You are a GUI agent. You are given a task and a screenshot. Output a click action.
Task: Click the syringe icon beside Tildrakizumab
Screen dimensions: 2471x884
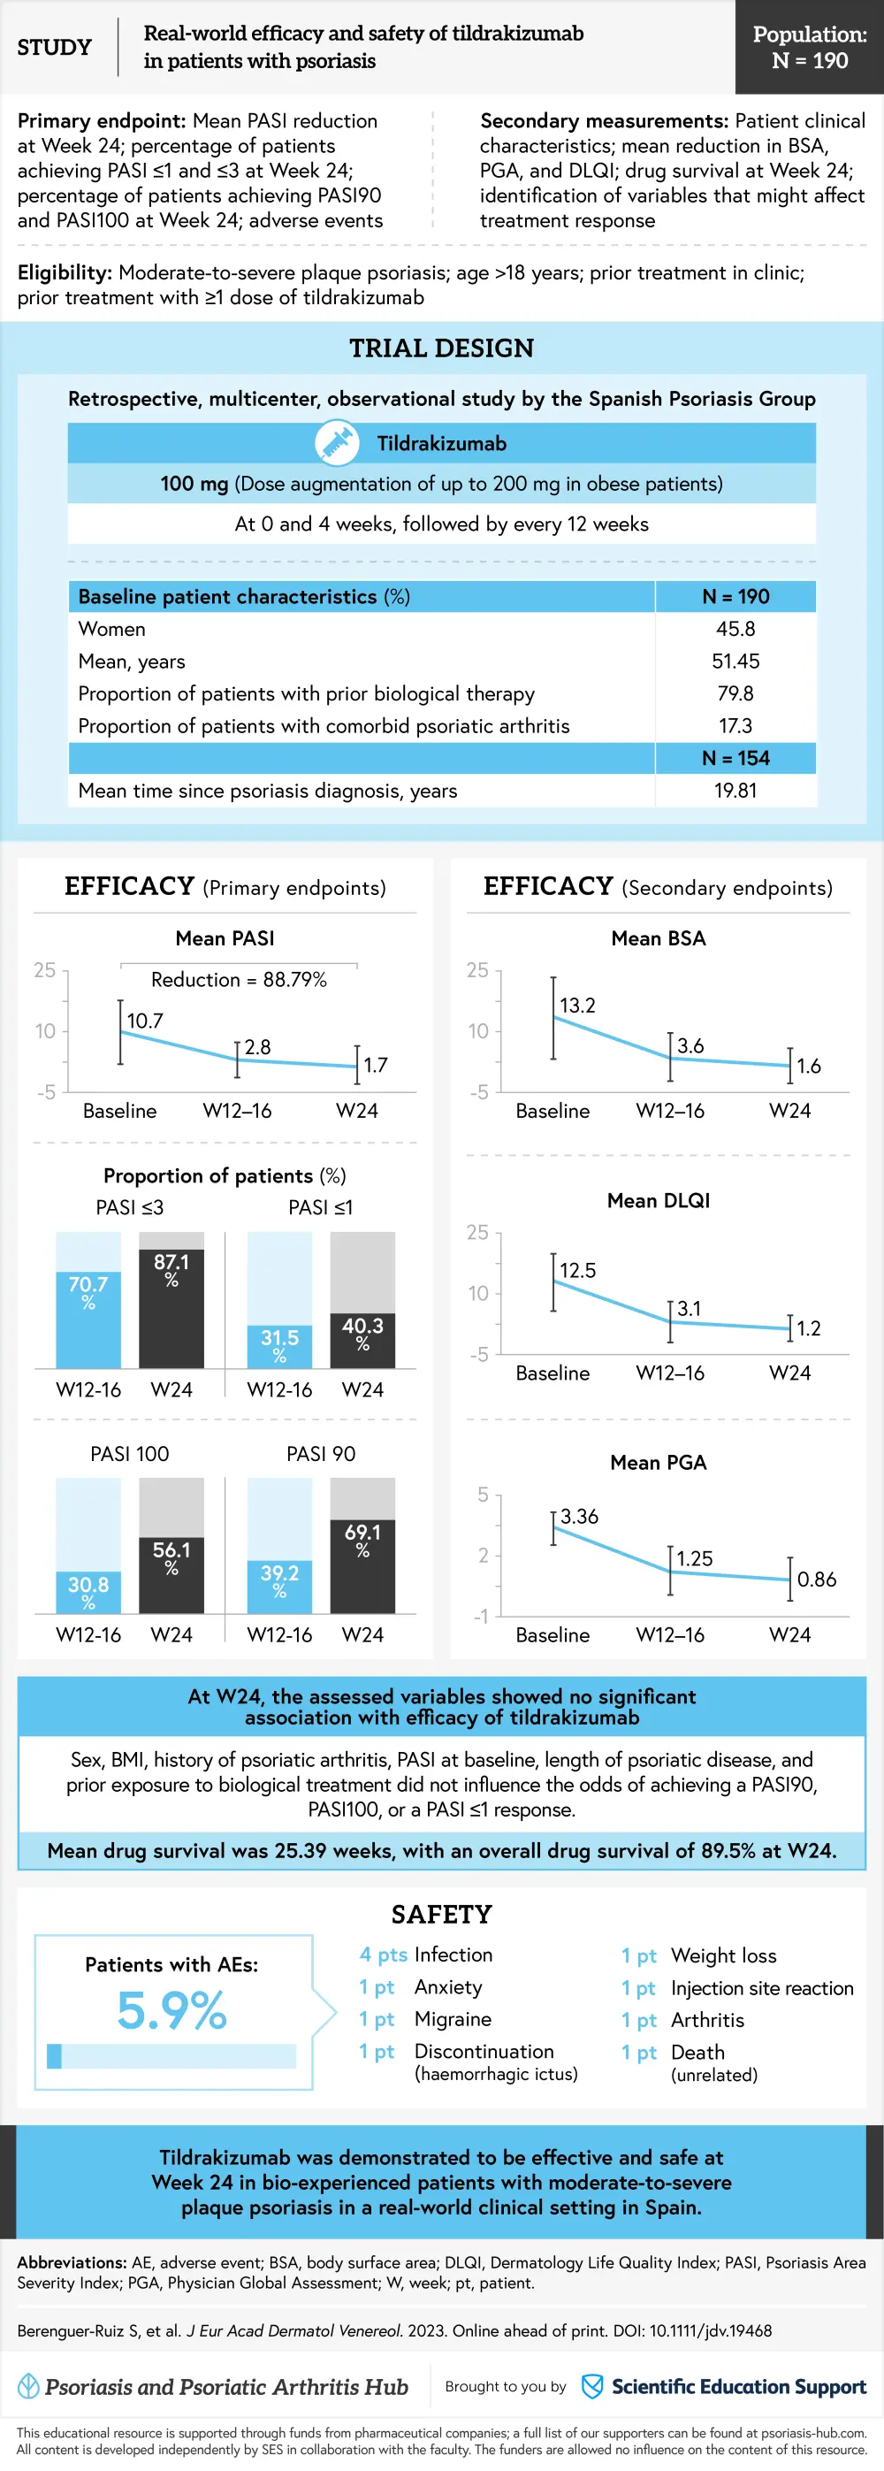click(337, 443)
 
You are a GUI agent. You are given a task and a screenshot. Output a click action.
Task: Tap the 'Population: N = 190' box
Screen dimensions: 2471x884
click(809, 47)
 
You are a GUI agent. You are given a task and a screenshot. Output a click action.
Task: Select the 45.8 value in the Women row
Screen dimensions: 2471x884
click(735, 630)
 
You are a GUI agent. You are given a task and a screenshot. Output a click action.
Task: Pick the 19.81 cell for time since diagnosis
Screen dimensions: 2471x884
click(735, 791)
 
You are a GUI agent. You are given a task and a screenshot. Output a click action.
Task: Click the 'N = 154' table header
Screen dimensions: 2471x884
click(735, 758)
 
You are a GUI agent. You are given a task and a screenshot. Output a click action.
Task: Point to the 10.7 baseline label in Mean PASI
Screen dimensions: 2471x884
click(145, 1021)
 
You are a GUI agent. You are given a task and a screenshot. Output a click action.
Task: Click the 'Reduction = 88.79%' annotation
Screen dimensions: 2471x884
click(239, 979)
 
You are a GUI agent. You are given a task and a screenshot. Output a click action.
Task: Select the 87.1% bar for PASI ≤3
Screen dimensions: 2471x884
click(171, 1307)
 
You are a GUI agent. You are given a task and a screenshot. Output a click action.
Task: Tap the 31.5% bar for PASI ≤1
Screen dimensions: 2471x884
click(280, 1345)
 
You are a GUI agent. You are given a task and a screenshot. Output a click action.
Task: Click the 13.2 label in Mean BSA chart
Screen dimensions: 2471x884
click(577, 1006)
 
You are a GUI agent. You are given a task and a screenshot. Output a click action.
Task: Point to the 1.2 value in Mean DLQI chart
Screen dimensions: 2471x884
click(809, 1328)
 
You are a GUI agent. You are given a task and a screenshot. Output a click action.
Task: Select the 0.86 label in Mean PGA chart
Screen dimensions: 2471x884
click(817, 1579)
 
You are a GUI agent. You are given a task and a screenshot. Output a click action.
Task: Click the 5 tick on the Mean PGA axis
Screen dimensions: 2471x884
click(484, 1495)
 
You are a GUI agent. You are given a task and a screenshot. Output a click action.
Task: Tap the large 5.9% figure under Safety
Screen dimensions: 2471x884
click(171, 2010)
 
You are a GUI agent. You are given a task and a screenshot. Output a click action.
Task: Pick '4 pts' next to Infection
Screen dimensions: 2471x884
click(384, 1955)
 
